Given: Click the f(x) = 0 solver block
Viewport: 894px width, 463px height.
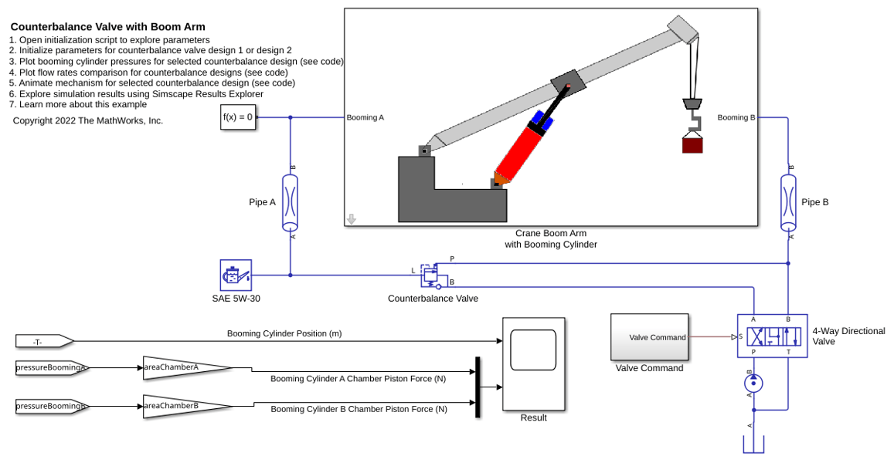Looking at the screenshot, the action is point(238,117).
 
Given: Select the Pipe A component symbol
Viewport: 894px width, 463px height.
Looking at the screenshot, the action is point(291,203).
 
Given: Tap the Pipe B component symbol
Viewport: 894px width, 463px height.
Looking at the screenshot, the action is point(788,203).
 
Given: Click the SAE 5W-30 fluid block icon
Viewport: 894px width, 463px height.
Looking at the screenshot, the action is point(236,275).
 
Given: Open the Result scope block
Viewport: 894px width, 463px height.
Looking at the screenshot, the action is point(534,364).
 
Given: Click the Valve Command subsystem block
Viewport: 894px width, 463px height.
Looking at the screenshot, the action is point(649,336).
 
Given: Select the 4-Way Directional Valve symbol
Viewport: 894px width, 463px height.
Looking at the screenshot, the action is point(773,336).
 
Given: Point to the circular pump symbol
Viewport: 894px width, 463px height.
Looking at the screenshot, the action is point(753,383).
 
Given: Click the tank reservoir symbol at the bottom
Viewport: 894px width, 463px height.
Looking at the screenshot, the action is point(753,444).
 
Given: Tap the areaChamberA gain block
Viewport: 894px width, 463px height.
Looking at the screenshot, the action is point(188,368).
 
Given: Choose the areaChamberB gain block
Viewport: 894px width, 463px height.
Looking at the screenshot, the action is point(188,406).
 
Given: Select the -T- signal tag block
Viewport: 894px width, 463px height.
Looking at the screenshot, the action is point(45,342).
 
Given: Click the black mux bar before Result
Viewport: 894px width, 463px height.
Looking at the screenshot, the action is point(478,387).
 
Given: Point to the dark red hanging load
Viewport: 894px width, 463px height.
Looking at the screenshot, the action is point(692,144).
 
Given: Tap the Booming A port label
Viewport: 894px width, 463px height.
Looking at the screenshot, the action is point(365,118).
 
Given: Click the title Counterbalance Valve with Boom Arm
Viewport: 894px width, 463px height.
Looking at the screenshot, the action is point(107,27).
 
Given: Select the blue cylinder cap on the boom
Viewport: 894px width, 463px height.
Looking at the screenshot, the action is point(542,120).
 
